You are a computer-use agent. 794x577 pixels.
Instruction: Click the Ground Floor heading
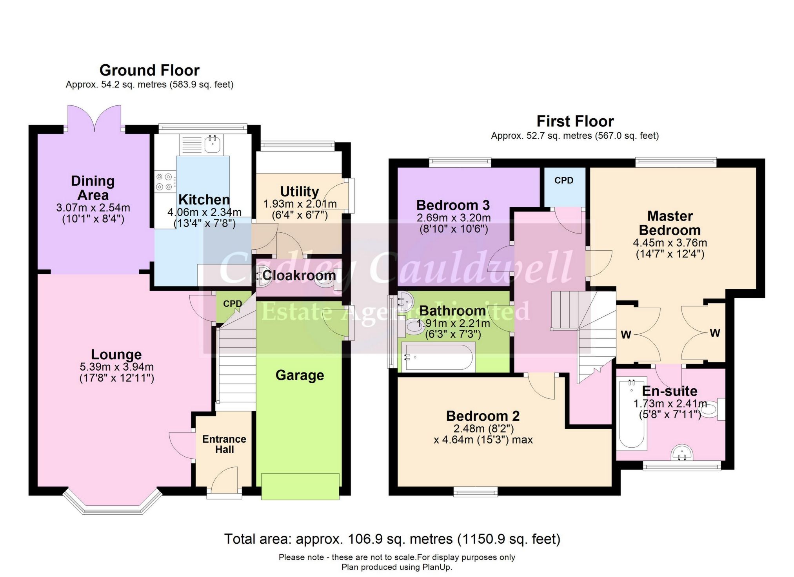[x=149, y=71]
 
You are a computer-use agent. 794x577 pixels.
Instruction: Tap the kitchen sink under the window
[x=213, y=144]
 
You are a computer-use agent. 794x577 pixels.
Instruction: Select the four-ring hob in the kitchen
[x=164, y=182]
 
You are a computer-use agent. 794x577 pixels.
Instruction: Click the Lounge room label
[x=116, y=355]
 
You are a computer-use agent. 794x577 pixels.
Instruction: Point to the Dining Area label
[x=93, y=188]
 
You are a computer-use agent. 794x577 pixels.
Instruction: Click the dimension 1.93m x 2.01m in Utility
[x=300, y=204]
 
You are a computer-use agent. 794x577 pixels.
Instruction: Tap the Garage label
[x=300, y=375]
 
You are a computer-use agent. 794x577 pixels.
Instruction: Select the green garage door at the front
[x=300, y=486]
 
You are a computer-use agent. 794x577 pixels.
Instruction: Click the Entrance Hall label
[x=224, y=444]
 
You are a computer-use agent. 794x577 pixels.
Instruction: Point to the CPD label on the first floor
[x=564, y=181]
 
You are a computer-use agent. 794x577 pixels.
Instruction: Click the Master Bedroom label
[x=670, y=223]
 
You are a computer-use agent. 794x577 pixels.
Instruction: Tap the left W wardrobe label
[x=626, y=335]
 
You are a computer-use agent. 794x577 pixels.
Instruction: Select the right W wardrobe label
[x=715, y=333]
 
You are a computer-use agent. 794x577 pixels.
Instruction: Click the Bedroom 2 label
[x=483, y=416]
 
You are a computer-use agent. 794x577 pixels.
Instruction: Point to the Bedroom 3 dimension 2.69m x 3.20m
[x=454, y=218]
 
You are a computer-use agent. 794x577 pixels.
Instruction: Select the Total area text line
[x=392, y=539]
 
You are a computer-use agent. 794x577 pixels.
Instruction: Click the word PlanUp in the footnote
[x=436, y=567]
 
